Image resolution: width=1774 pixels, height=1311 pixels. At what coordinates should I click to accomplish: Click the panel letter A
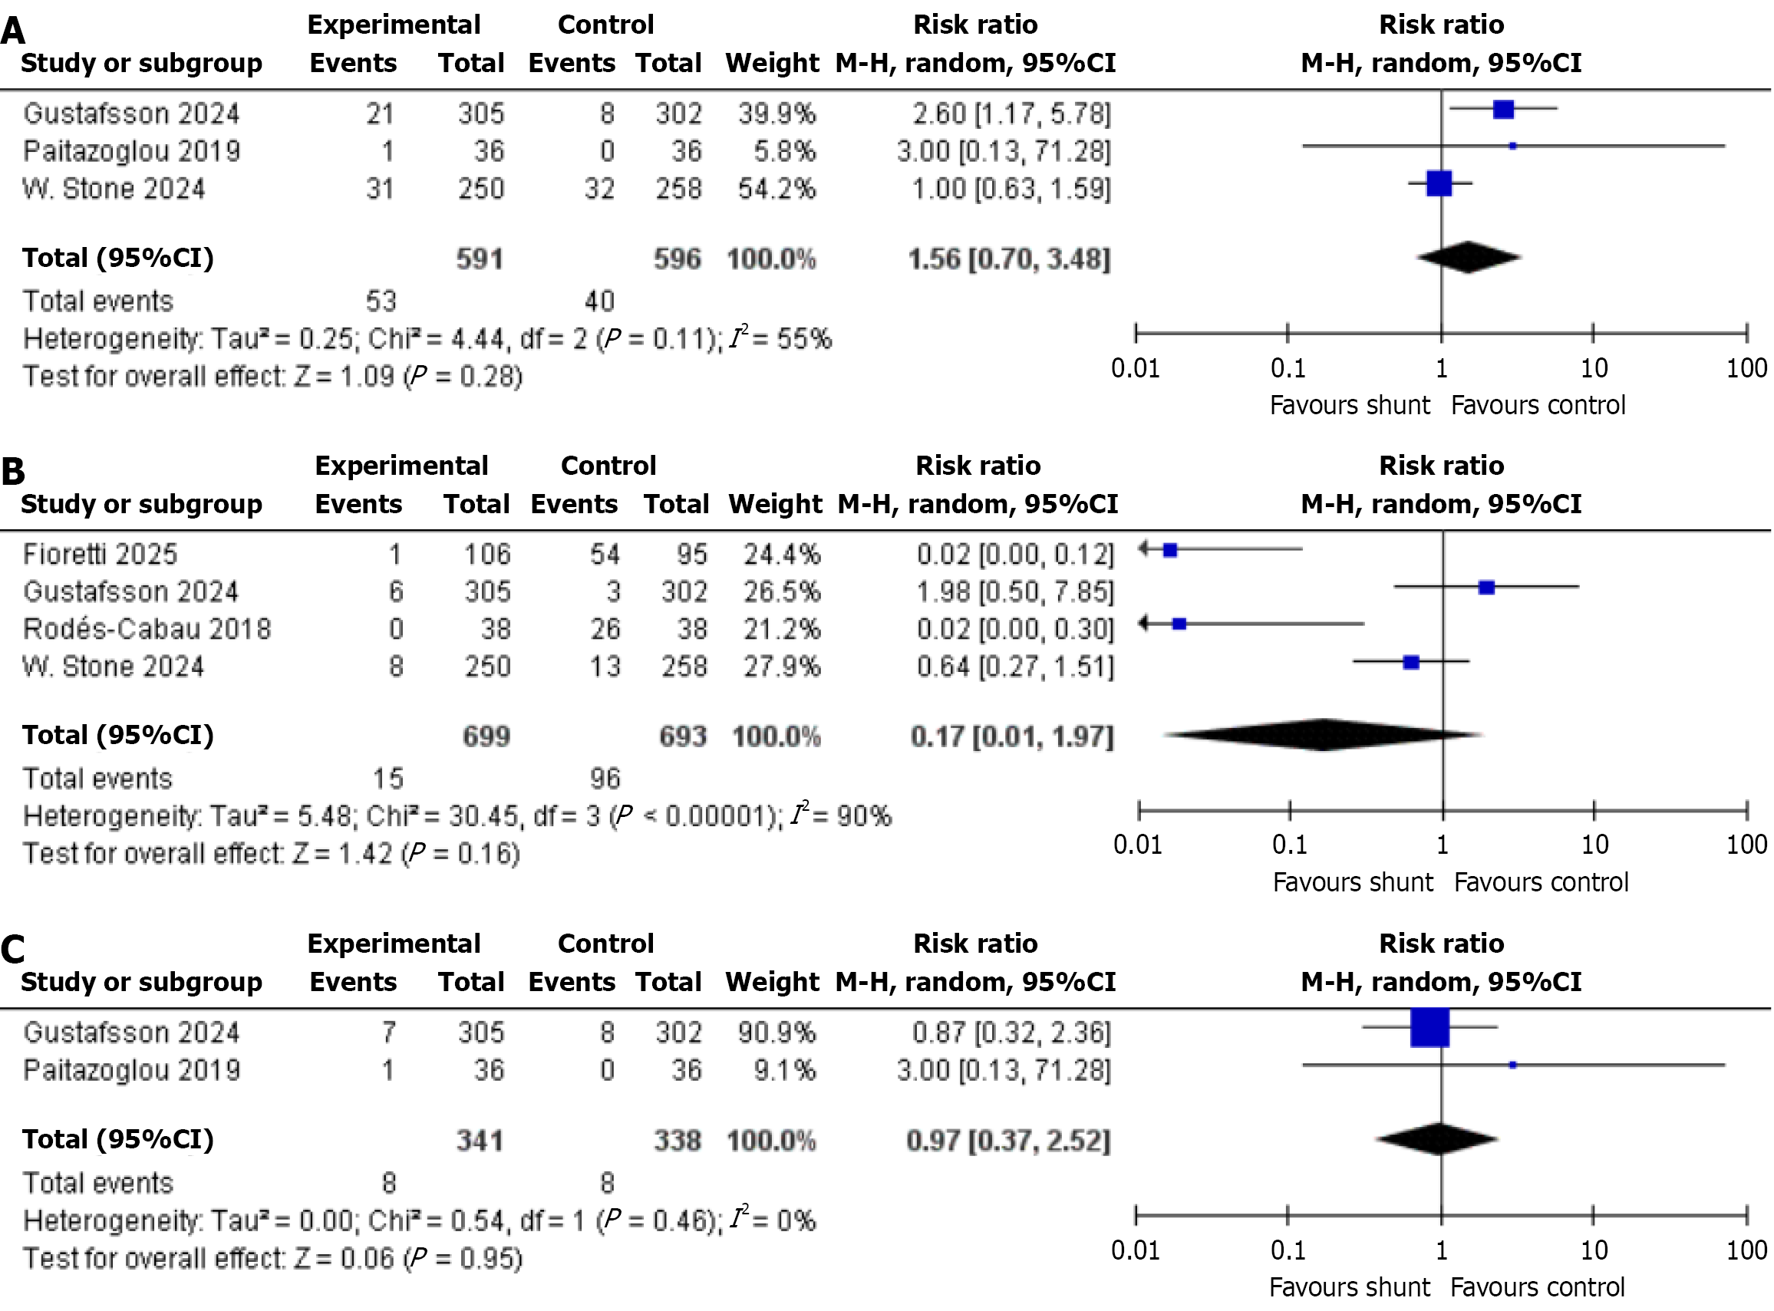pyautogui.click(x=14, y=31)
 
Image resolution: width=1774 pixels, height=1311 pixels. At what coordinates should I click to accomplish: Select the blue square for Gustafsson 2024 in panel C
pyautogui.click(x=1429, y=1028)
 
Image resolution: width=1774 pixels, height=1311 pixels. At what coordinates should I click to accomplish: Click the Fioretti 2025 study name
pyautogui.click(x=100, y=554)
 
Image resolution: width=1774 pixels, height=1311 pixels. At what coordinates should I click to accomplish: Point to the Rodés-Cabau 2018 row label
pyautogui.click(x=147, y=628)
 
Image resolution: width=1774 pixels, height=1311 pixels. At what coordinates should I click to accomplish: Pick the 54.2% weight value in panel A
pyautogui.click(x=777, y=189)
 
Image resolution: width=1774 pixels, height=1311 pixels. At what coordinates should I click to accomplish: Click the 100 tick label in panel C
pyautogui.click(x=1746, y=1250)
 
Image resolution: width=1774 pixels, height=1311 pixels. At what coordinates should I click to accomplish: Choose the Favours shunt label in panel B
pyautogui.click(x=1353, y=882)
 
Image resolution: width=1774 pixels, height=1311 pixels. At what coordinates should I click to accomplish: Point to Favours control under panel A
pyautogui.click(x=1538, y=406)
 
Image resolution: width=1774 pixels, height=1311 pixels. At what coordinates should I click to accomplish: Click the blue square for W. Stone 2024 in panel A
pyautogui.click(x=1439, y=183)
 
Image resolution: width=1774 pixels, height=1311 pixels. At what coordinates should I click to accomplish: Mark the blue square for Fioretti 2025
pyautogui.click(x=1170, y=549)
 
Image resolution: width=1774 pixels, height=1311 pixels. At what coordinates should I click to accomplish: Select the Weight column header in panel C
pyautogui.click(x=771, y=982)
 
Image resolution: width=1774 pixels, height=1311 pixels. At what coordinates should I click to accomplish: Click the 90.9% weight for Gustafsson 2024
pyautogui.click(x=777, y=1033)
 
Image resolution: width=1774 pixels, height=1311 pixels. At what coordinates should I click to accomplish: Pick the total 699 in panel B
pyautogui.click(x=486, y=736)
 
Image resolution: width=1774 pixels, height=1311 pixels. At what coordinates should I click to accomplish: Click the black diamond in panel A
pyautogui.click(x=1469, y=257)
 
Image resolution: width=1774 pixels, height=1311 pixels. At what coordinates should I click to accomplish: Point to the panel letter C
pyautogui.click(x=14, y=950)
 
